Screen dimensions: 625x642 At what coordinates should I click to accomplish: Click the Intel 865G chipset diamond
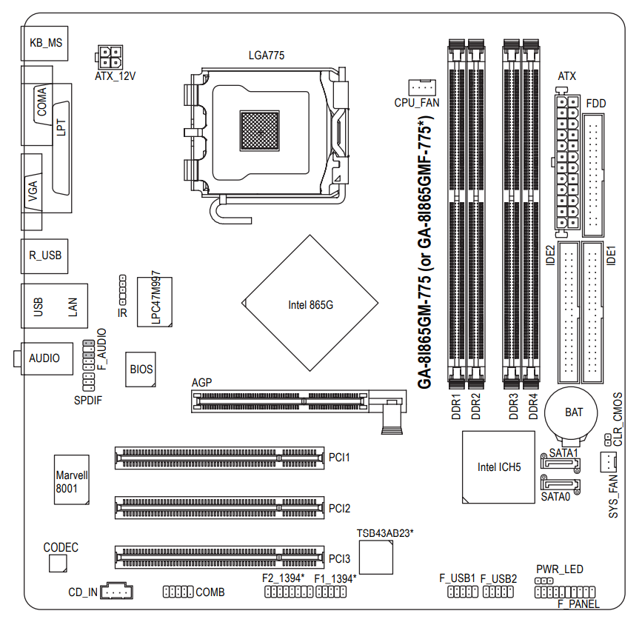click(x=306, y=304)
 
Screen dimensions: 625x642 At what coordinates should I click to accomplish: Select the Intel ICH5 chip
click(x=498, y=467)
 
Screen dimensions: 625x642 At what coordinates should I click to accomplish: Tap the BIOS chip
click(x=141, y=369)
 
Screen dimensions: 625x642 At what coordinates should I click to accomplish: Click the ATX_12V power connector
click(x=112, y=56)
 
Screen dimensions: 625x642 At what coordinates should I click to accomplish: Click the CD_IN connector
click(x=117, y=591)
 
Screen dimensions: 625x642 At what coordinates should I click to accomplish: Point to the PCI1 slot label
click(x=339, y=457)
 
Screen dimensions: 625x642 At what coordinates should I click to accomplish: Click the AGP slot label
click(x=201, y=382)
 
